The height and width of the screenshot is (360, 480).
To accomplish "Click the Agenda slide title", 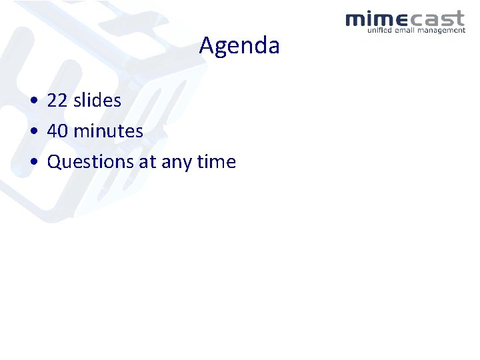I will pyautogui.click(x=239, y=46).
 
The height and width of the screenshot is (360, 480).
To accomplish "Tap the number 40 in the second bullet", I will pyautogui.click(x=57, y=131).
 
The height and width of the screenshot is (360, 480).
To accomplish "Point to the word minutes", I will pyautogui.click(x=108, y=131).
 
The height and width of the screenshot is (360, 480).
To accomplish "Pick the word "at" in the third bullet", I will pyautogui.click(x=147, y=162).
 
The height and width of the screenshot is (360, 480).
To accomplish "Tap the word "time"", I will pyautogui.click(x=217, y=162).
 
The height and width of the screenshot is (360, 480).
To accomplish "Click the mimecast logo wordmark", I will pyautogui.click(x=405, y=19).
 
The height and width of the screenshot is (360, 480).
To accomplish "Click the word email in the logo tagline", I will pyautogui.click(x=409, y=30).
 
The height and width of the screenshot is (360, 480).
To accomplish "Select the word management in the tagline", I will pyautogui.click(x=444, y=30).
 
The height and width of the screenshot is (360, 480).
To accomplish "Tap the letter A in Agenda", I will pyautogui.click(x=206, y=46).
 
